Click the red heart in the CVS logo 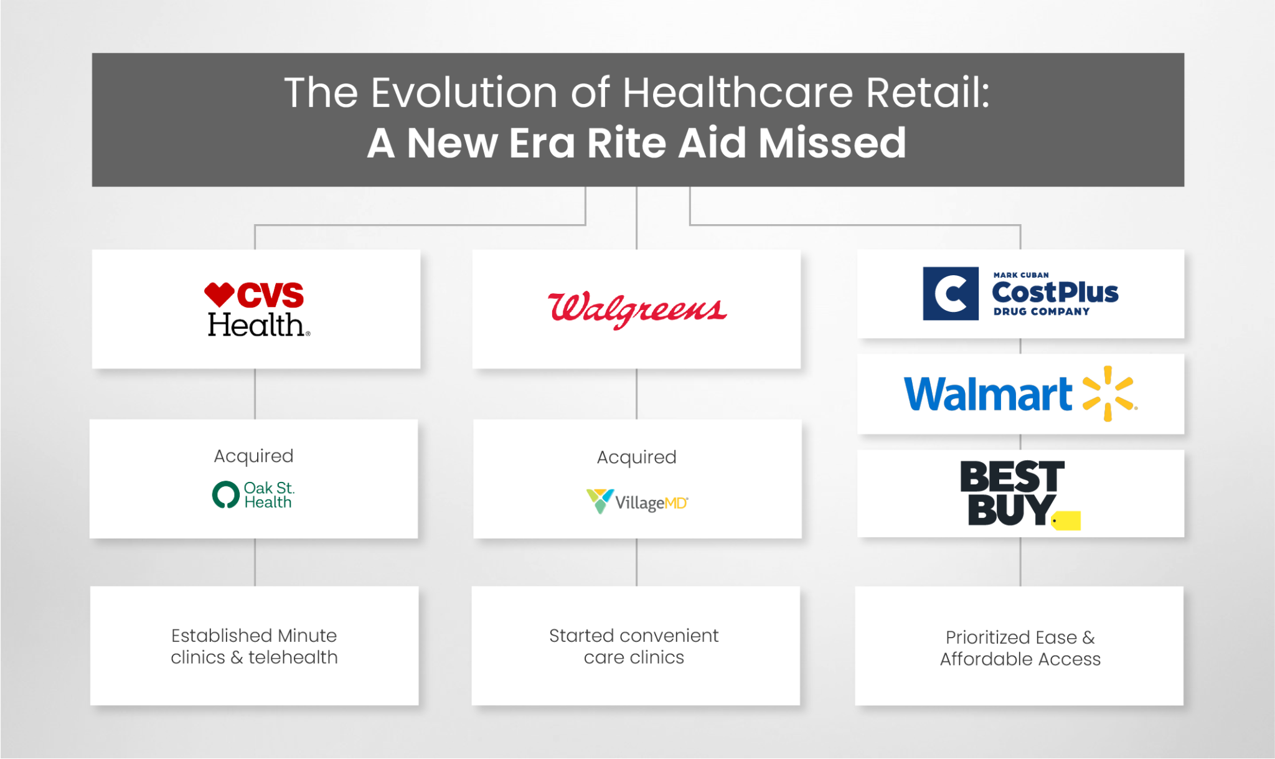pyautogui.click(x=219, y=294)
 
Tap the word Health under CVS pyautogui.click(x=256, y=325)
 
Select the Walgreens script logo pyautogui.click(x=637, y=309)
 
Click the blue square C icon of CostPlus pyautogui.click(x=950, y=294)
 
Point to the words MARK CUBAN pyautogui.click(x=1021, y=275)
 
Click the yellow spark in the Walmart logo pyautogui.click(x=1109, y=394)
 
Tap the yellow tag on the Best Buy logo pyautogui.click(x=1066, y=521)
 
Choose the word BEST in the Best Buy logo pyautogui.click(x=1012, y=477)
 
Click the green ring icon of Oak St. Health pyautogui.click(x=225, y=495)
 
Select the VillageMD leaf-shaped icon pyautogui.click(x=600, y=501)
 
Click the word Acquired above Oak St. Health pyautogui.click(x=253, y=456)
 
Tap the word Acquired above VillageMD pyautogui.click(x=636, y=457)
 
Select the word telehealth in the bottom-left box pyautogui.click(x=293, y=658)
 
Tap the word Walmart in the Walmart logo pyautogui.click(x=988, y=394)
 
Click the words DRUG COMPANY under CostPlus pyautogui.click(x=1041, y=311)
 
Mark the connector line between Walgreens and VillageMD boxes pyautogui.click(x=636, y=394)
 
